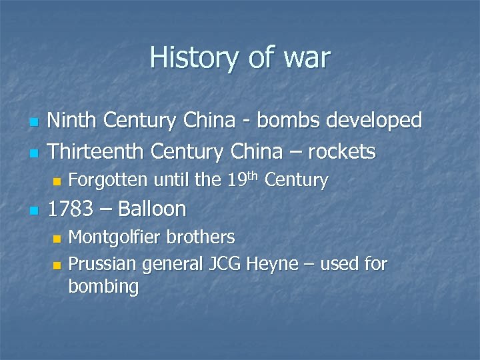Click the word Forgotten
(109, 180)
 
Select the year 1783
(70, 209)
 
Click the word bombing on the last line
(103, 287)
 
